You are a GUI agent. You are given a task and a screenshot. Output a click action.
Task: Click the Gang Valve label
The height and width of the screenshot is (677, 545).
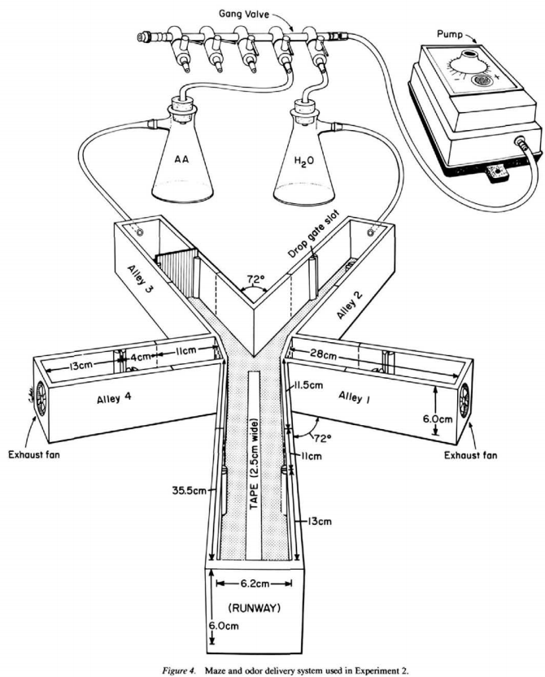click(244, 14)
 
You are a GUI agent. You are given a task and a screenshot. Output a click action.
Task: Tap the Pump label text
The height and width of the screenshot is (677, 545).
click(450, 34)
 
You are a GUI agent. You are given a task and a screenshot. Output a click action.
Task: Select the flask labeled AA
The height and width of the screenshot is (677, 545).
click(183, 150)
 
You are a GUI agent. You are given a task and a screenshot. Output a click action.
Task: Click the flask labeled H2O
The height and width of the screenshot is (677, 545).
click(305, 151)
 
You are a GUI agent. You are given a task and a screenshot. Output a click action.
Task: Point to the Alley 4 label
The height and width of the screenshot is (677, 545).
click(114, 398)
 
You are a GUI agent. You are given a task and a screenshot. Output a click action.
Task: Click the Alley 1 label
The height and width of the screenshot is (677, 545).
click(355, 397)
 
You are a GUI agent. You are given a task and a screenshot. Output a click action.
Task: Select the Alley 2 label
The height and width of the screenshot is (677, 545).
click(350, 306)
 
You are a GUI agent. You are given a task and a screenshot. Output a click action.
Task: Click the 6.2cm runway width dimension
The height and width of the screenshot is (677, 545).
click(254, 584)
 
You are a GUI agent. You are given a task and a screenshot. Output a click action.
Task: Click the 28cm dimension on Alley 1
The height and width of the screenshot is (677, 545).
click(323, 355)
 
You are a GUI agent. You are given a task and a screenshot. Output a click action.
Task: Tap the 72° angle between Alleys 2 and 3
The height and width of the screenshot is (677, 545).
click(255, 279)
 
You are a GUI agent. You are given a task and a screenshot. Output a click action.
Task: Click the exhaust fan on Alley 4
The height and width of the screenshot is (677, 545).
click(40, 397)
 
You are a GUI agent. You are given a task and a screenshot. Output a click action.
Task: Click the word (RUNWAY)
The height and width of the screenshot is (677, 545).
click(254, 609)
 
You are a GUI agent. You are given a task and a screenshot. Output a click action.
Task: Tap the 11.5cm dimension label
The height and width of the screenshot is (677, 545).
click(308, 385)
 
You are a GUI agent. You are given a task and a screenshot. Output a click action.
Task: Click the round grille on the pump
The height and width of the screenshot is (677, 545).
click(483, 80)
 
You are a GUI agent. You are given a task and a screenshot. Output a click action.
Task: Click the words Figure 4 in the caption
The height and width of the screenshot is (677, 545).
click(177, 670)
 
